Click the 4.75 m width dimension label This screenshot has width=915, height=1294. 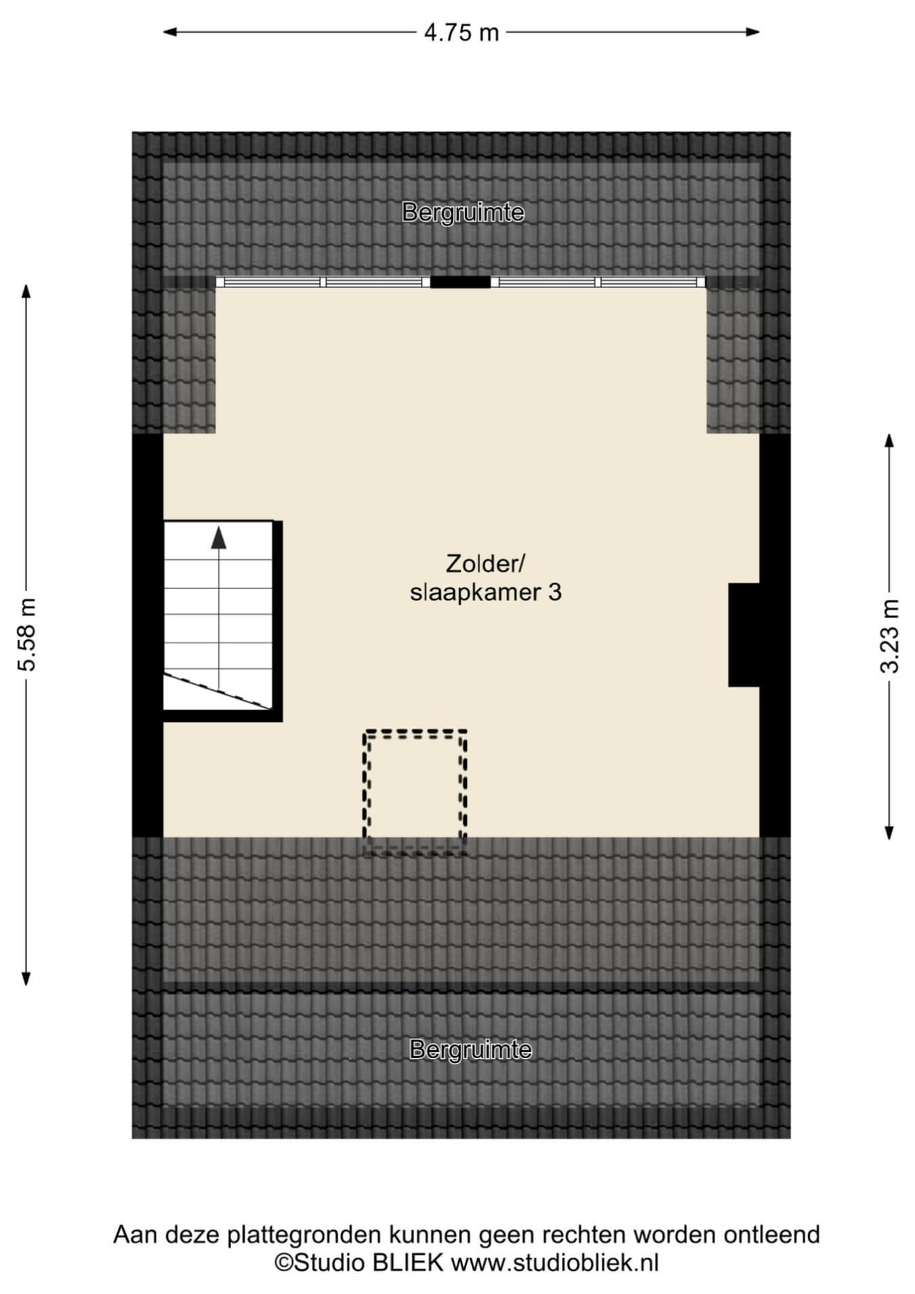[462, 32]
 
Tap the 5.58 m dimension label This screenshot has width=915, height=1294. [27, 634]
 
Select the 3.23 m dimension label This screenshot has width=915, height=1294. [889, 636]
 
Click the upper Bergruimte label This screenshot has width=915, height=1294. [463, 212]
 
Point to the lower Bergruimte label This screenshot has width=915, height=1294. [470, 1049]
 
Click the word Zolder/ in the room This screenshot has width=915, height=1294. [486, 563]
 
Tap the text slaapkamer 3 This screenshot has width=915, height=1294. [486, 593]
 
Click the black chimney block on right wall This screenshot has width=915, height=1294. [744, 635]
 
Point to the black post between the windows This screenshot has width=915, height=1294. [460, 282]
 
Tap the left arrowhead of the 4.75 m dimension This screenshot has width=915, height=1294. [170, 32]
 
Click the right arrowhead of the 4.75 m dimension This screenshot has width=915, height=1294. [752, 32]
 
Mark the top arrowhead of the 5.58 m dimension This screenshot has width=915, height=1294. [26, 291]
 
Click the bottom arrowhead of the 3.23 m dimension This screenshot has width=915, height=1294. [889, 833]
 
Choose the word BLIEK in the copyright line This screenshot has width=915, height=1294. [411, 1263]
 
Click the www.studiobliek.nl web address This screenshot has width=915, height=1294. [555, 1263]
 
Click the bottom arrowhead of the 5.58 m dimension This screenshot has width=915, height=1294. [26, 978]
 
